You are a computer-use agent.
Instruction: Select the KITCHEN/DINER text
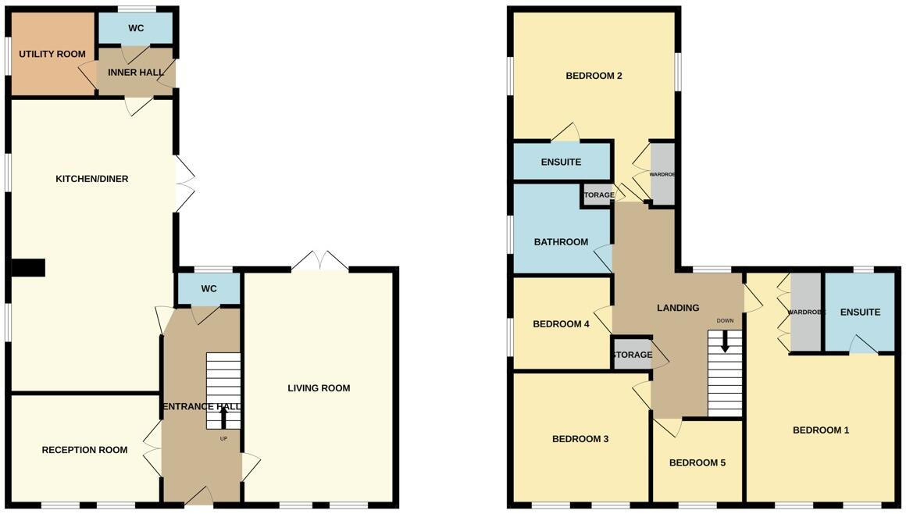91,179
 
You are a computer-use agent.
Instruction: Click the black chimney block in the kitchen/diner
28,268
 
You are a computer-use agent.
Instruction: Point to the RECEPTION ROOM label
84,450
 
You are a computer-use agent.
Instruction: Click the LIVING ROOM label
319,388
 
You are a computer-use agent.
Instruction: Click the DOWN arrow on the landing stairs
726,341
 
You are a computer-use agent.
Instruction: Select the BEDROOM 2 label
594,76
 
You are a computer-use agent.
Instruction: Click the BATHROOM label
561,242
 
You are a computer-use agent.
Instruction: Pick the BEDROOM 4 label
561,324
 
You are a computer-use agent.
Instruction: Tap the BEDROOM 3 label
580,439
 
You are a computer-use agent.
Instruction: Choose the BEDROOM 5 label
697,462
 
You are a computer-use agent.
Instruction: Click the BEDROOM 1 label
821,430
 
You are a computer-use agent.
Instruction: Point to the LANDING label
677,308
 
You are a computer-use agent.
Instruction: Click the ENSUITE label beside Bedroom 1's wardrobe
860,312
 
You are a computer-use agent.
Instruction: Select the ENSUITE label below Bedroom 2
561,162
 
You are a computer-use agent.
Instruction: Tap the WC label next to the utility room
136,28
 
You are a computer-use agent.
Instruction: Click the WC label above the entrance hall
209,289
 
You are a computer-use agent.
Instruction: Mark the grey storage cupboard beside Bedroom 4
632,355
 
